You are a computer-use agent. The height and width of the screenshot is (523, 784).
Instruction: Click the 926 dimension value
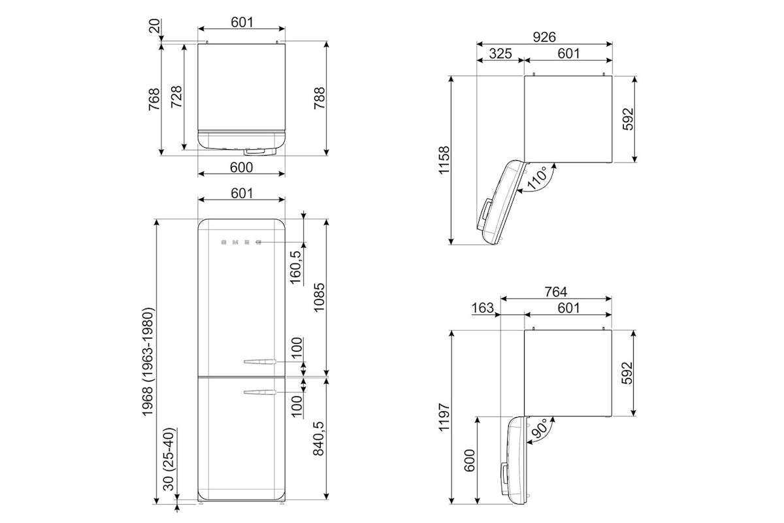pyautogui.click(x=544, y=37)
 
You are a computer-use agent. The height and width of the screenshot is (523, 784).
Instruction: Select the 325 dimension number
pyautogui.click(x=500, y=54)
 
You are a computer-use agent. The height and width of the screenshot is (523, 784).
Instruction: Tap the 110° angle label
pyautogui.click(x=537, y=178)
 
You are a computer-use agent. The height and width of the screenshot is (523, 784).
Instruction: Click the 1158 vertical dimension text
pyautogui.click(x=444, y=160)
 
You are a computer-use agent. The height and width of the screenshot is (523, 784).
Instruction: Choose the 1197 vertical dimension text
pyautogui.click(x=444, y=417)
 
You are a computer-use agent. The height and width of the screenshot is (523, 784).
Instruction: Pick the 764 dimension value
pyautogui.click(x=556, y=292)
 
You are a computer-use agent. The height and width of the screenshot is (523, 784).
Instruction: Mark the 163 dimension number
pyautogui.click(x=483, y=308)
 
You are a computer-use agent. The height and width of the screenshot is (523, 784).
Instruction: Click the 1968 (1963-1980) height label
pyautogui.click(x=148, y=362)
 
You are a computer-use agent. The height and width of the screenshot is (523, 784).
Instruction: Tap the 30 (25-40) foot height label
pyautogui.click(x=169, y=459)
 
